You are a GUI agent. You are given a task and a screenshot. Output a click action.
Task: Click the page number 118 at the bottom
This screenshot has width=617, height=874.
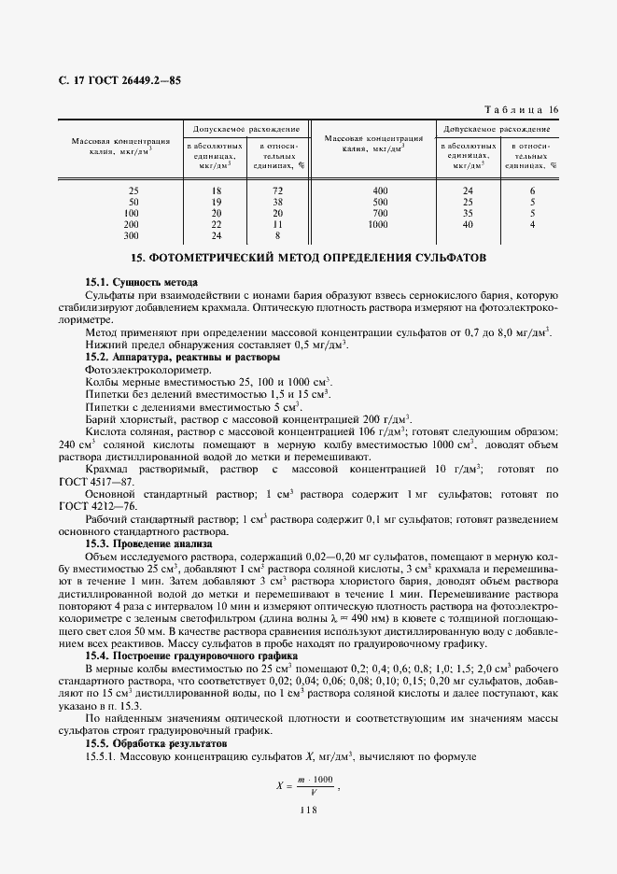309,810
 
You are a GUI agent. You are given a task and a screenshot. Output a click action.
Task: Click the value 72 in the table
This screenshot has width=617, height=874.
277,190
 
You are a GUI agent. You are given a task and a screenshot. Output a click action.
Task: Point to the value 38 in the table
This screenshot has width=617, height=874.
277,202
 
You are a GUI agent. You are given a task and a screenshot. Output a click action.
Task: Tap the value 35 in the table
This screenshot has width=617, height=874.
469,213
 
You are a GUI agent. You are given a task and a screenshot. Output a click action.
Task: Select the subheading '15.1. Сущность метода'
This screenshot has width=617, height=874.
142,282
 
